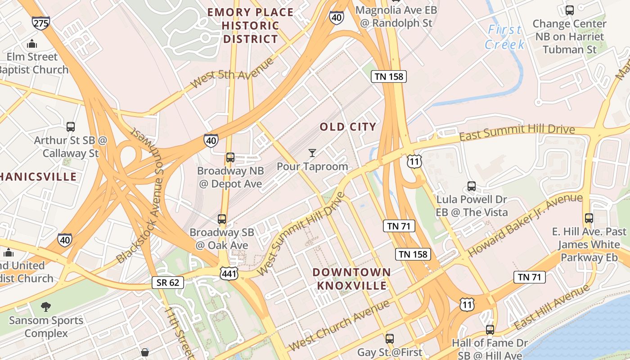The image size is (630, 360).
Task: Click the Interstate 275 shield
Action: coord(40,23)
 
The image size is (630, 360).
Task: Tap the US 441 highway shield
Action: coord(229,273)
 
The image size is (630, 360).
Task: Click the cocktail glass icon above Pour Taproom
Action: coord(312,153)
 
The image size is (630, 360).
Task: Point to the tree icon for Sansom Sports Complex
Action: coord(45,307)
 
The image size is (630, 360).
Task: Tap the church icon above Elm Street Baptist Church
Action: coord(32,44)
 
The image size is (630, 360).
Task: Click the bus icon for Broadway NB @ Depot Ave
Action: coord(230,157)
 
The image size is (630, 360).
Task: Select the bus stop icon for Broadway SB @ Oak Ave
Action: coord(222,219)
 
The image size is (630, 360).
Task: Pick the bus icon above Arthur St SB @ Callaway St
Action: coord(71,127)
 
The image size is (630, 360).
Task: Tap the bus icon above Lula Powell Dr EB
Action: coord(471,186)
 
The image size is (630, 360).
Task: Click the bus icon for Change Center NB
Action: coord(569,10)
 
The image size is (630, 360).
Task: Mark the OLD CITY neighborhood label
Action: coord(348,127)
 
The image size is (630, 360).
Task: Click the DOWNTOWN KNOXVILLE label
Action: coord(351,279)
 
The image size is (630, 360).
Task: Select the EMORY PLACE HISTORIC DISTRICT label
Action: coord(250,26)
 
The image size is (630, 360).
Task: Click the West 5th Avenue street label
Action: coord(232,73)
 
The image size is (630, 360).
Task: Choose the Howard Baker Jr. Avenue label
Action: coord(525,225)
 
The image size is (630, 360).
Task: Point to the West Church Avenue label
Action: coord(339,325)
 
